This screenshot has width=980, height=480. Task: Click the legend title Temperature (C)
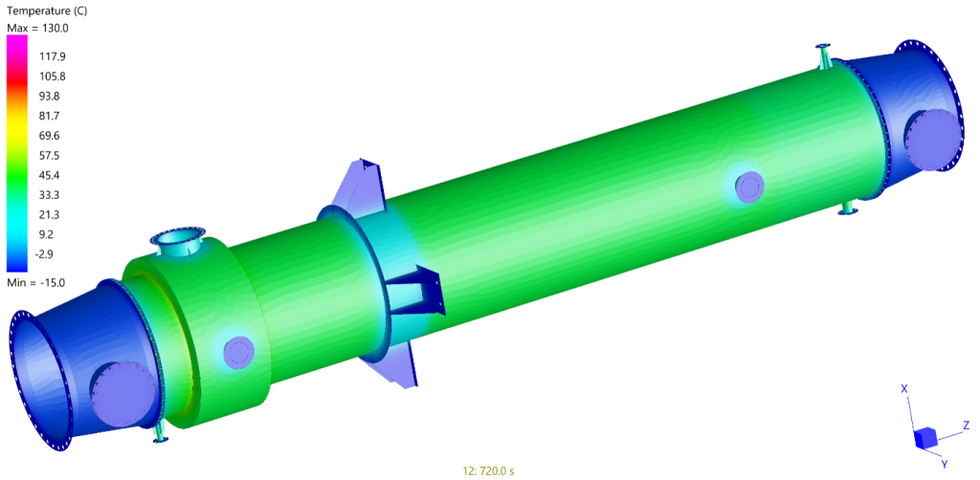tap(47, 11)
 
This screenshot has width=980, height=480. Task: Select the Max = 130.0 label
tap(37, 29)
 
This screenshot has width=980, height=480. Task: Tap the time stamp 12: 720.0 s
tap(490, 470)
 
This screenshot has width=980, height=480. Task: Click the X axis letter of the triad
tap(904, 388)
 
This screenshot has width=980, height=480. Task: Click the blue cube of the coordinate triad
tap(925, 438)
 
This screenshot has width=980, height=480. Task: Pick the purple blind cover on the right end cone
tap(928, 140)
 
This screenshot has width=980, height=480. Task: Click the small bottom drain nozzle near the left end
tap(159, 433)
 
